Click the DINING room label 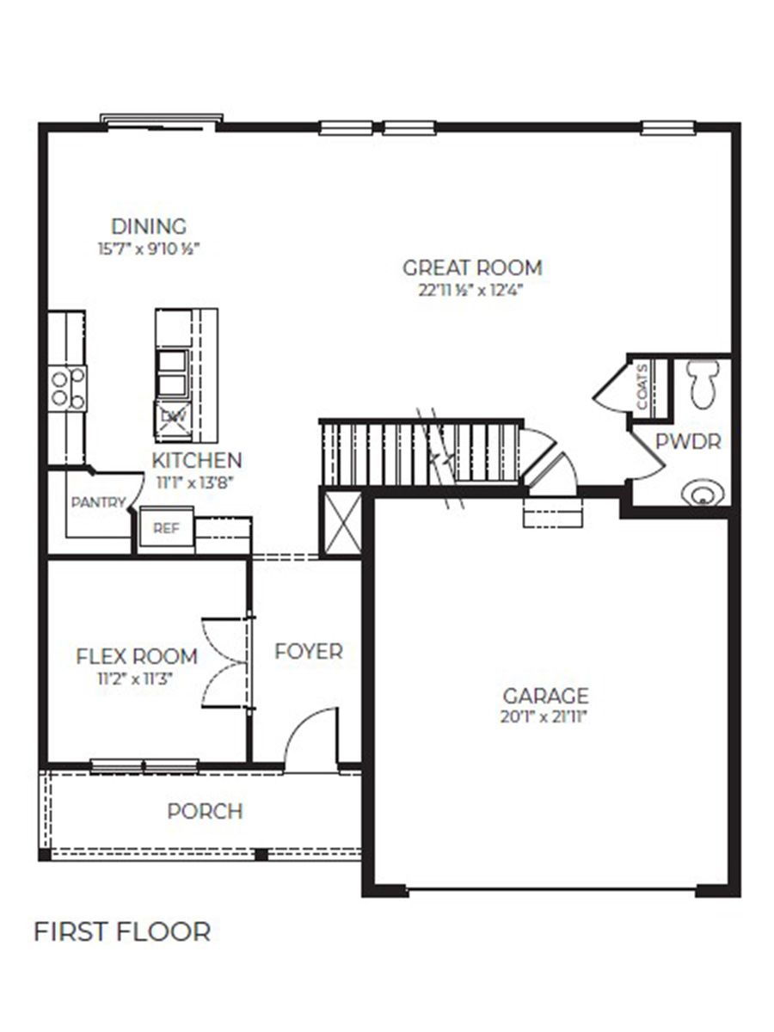point(148,227)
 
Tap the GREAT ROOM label point(472,267)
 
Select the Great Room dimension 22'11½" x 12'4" point(471,290)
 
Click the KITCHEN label point(197,460)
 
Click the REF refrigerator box point(166,529)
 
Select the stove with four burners point(67,388)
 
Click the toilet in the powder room point(703,383)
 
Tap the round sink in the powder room point(703,494)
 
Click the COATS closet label point(643,390)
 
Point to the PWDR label point(687,442)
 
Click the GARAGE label point(545,695)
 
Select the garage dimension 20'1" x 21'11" point(545,716)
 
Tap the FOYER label point(308,652)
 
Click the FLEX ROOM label point(137,657)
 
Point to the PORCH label point(205,811)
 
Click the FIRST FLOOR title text point(121,931)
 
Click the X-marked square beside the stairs point(340,523)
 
